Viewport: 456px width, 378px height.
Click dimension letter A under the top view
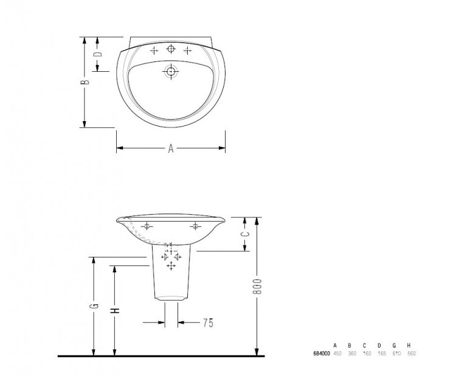tap(171, 148)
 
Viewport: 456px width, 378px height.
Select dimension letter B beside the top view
tap(86, 81)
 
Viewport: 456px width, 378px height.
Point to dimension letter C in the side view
tap(245, 233)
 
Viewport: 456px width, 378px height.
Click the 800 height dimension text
tap(257, 288)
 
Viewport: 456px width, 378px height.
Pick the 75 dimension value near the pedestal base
tap(207, 323)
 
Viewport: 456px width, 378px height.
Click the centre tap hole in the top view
tap(171, 49)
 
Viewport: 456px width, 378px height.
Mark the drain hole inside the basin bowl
tap(171, 72)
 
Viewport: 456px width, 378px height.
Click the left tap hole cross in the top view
tap(155, 49)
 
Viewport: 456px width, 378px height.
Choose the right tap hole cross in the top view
tap(187, 49)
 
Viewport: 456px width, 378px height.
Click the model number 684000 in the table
tap(321, 354)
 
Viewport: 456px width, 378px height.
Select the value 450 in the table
tap(337, 354)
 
